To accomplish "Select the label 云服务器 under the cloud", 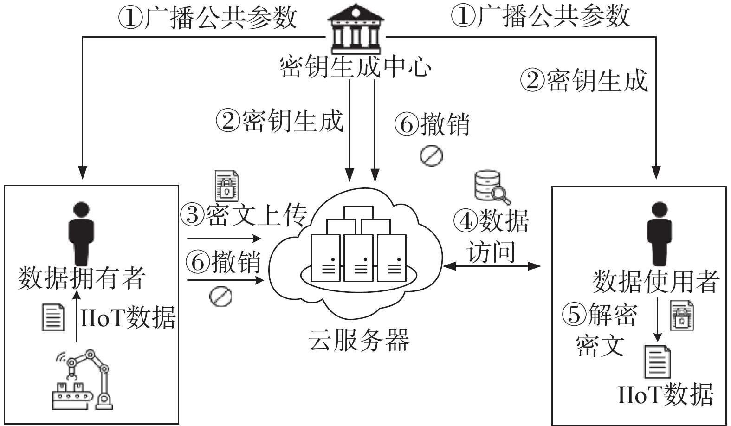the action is [x=359, y=340].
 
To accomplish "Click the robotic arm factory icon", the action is [x=83, y=380].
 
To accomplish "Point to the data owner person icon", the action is [x=81, y=233].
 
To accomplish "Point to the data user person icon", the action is [x=660, y=234].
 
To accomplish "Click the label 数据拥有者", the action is [x=81, y=278].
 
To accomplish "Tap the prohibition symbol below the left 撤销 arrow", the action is [x=221, y=297].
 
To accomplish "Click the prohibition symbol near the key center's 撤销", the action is [x=431, y=155].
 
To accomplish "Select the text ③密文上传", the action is [x=244, y=215].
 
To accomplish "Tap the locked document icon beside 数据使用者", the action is [x=682, y=316].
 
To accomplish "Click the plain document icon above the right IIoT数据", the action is [x=657, y=361].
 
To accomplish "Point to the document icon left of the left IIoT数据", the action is [x=53, y=317].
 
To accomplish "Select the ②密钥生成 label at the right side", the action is [x=584, y=80].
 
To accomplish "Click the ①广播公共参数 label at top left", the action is [x=207, y=18].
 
